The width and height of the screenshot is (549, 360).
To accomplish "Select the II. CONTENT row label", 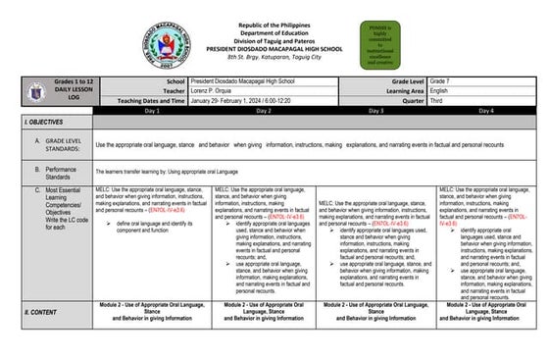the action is (39, 310).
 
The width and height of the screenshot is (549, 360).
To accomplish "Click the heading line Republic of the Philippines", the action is (274, 23).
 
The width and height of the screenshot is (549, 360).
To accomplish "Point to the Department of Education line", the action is (274, 31).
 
